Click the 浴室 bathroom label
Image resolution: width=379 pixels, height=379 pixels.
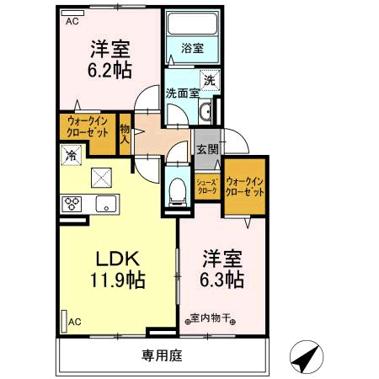pos(192,48)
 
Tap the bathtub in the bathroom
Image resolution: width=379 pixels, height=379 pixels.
pos(192,24)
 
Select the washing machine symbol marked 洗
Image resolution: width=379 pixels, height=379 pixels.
pos(210,81)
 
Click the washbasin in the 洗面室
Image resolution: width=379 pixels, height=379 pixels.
pos(206,112)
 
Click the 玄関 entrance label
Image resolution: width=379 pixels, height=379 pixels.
pos(207,149)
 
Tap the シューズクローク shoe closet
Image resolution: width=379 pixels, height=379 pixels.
pos(207,187)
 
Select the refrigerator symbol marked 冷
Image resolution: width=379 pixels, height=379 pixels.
pos(71,155)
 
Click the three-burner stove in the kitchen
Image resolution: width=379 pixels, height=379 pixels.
pos(72,204)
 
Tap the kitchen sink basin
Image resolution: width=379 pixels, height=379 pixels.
pos(106,204)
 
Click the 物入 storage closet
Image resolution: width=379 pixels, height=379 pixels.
pos(125,134)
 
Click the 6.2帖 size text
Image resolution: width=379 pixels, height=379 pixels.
pos(109,70)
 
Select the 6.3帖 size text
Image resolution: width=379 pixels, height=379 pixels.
pos(222,280)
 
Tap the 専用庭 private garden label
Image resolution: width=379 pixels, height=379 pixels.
pos(162,355)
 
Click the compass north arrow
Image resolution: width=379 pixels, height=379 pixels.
pos(307,357)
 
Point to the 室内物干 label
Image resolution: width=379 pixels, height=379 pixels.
pos(210,318)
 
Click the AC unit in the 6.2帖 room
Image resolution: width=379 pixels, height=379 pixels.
pos(72,13)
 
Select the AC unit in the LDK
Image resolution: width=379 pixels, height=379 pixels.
pos(64,321)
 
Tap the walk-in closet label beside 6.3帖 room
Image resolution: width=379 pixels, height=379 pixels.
pos(244,187)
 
